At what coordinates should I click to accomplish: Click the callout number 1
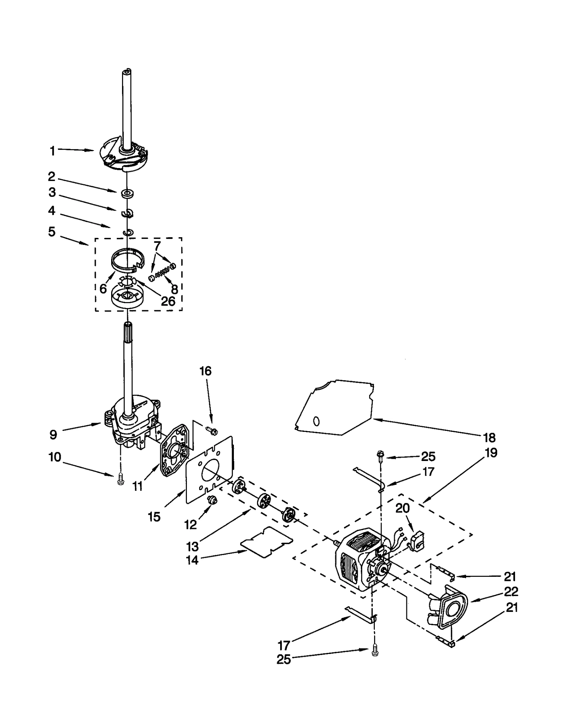click(x=52, y=151)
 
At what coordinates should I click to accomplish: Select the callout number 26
click(x=168, y=301)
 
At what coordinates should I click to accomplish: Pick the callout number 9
click(x=53, y=435)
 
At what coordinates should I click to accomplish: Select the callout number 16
click(x=206, y=371)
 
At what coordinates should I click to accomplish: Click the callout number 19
click(x=491, y=453)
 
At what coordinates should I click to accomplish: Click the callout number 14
click(x=192, y=560)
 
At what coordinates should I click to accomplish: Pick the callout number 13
click(x=192, y=546)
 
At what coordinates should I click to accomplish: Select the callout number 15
click(x=154, y=517)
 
